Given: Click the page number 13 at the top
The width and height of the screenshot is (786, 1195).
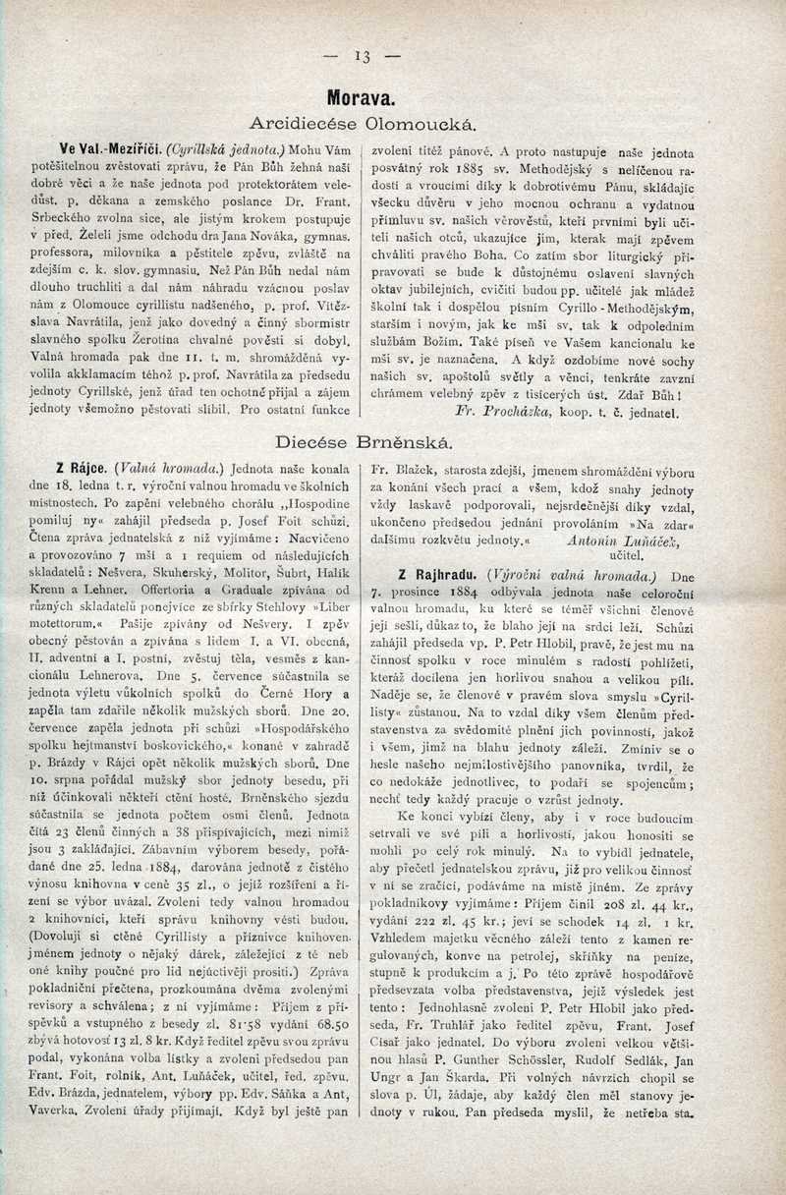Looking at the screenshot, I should [364, 57].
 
